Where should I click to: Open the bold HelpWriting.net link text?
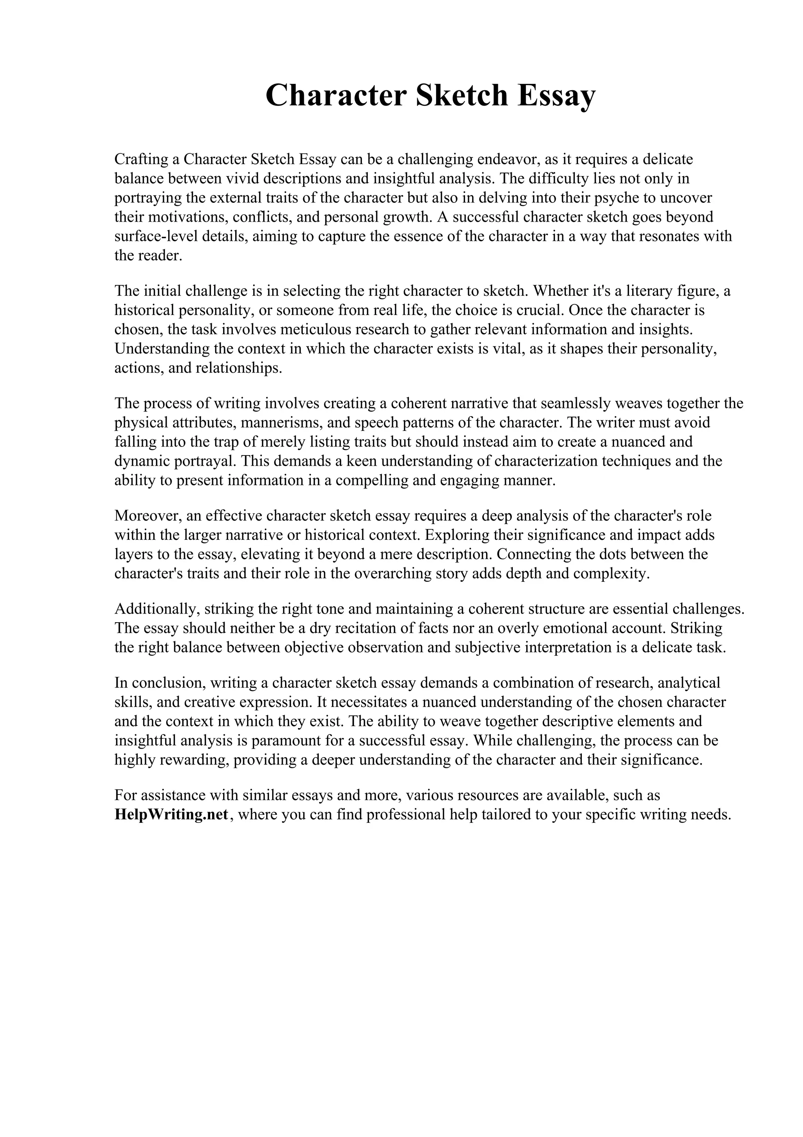172,814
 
